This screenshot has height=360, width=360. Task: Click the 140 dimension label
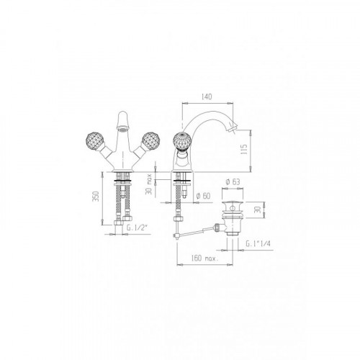point(207,96)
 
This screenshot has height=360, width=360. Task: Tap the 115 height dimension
point(244,150)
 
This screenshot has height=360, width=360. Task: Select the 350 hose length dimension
point(96,197)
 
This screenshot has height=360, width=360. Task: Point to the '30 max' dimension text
point(149,184)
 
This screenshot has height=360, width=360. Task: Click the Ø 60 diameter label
point(203,196)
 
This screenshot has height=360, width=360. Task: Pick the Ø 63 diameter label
point(233,181)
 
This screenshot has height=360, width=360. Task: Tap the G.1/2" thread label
point(136,228)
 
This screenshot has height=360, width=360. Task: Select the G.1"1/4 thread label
point(258,244)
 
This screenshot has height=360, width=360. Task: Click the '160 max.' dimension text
point(204,258)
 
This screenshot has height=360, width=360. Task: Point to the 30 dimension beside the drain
point(258,210)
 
